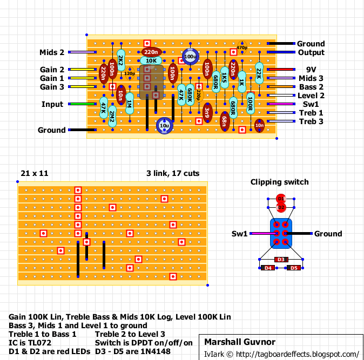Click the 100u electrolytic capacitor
coord(190,56)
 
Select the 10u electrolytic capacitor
coord(164,126)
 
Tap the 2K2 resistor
coord(121,60)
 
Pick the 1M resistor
coord(130,104)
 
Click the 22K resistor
coord(259,73)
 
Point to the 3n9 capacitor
coord(207,112)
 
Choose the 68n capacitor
coord(225,121)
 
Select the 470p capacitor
coord(242,47)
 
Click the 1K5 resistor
coord(225,78)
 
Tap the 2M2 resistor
coord(112,117)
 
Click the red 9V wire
coord(281,70)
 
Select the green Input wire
coord(83,104)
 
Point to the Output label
coord(311,52)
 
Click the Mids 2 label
coord(52,52)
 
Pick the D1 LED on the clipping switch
coord(281,199)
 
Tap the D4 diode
coord(268,268)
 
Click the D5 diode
coord(294,268)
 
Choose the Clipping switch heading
coord(280,182)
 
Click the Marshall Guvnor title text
coord(240,342)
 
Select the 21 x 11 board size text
coord(35,173)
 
